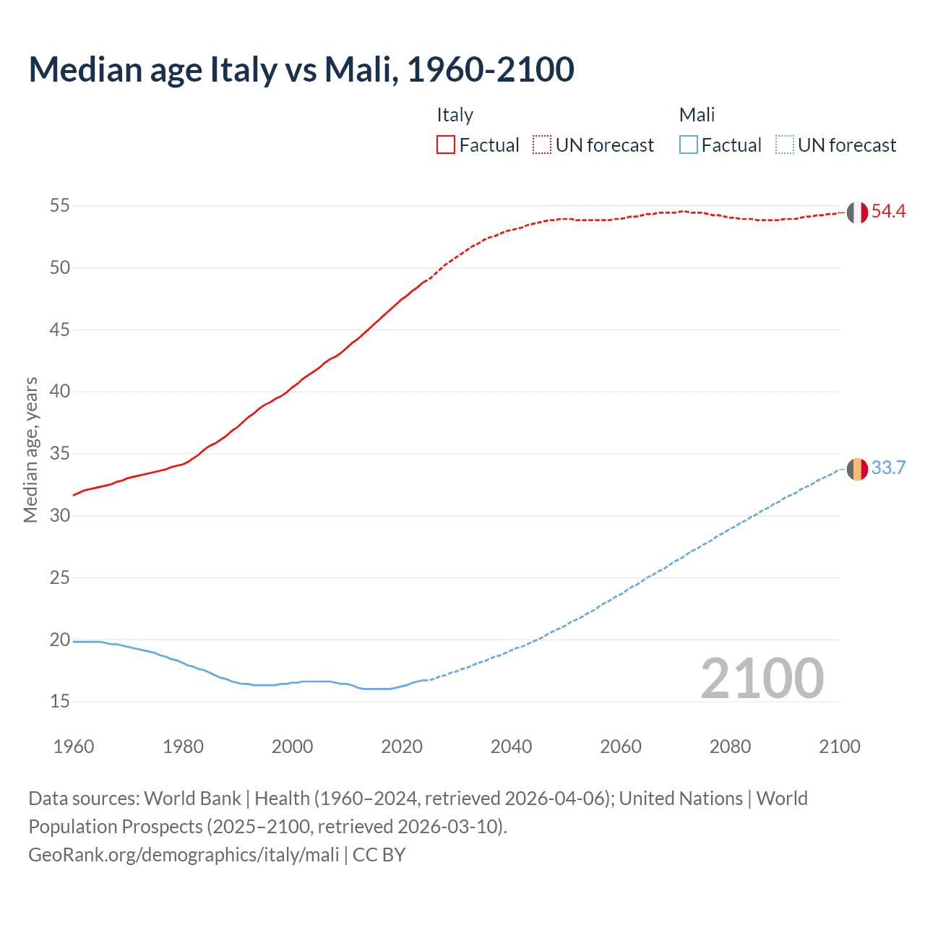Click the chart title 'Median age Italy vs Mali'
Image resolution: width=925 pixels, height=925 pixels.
[301, 69]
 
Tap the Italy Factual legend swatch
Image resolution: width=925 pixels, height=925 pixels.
[446, 145]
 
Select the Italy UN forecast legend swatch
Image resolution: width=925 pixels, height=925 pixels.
[542, 145]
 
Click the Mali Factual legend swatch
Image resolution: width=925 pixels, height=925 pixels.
[689, 145]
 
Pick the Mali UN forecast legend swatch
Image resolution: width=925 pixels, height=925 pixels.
[784, 145]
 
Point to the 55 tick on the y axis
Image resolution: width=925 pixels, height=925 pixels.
[60, 206]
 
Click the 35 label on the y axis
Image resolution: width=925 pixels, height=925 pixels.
[60, 454]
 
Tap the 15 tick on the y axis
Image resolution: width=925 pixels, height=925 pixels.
[60, 702]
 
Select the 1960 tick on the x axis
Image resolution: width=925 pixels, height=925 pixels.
[74, 747]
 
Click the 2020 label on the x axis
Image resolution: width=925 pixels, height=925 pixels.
[402, 747]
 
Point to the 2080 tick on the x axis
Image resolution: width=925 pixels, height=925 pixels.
[730, 747]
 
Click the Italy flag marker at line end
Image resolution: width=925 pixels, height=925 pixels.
[857, 212]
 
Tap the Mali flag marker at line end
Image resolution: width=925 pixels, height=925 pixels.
[857, 469]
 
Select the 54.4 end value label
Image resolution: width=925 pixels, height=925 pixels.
[888, 212]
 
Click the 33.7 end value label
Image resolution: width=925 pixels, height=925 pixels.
[888, 468]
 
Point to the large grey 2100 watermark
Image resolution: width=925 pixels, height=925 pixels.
[762, 679]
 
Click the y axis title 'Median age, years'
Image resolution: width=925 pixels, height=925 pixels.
[30, 449]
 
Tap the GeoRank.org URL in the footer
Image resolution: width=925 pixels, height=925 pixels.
[184, 855]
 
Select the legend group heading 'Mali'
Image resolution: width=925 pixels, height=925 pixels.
[697, 115]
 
